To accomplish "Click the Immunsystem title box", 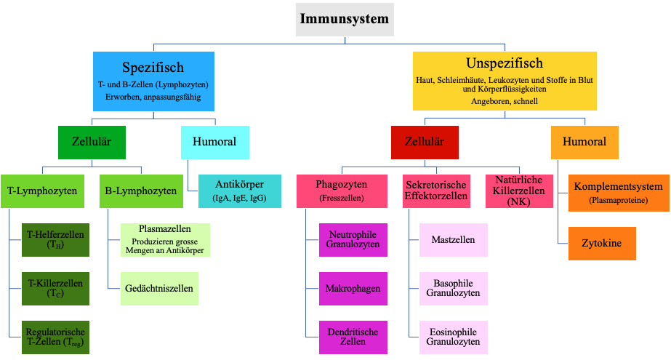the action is point(345,19).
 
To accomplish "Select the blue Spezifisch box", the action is point(153,81).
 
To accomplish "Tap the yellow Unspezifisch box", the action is point(505,81).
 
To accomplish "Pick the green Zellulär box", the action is point(92,142).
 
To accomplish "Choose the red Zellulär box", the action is point(425,142).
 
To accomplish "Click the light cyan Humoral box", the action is point(215,142).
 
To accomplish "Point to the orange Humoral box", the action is point(584,142).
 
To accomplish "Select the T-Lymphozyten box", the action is point(42,191).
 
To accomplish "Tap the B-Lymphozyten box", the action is point(141,191).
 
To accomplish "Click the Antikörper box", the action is point(240,191).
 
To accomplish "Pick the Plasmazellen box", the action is point(165,240).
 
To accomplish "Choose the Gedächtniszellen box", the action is point(159,289).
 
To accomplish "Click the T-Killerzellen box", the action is point(56,289).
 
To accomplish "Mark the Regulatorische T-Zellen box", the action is point(56,337).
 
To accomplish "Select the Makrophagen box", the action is point(353,289).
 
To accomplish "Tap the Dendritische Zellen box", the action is point(353,337).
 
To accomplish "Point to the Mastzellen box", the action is point(453,240).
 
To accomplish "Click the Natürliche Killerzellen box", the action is point(519,191).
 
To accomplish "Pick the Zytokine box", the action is point(602,244).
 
